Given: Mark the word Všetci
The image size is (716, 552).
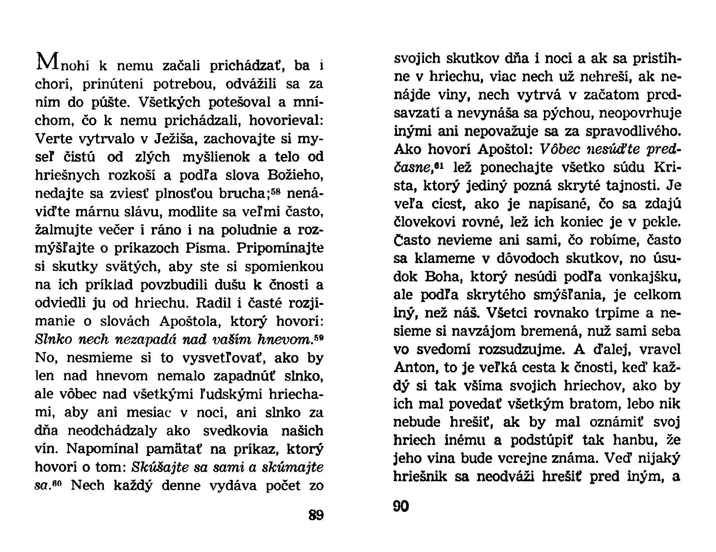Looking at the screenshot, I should click(x=508, y=313).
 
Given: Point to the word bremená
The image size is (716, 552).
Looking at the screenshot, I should click(x=543, y=331).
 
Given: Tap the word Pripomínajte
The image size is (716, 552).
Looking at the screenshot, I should click(x=280, y=248).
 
